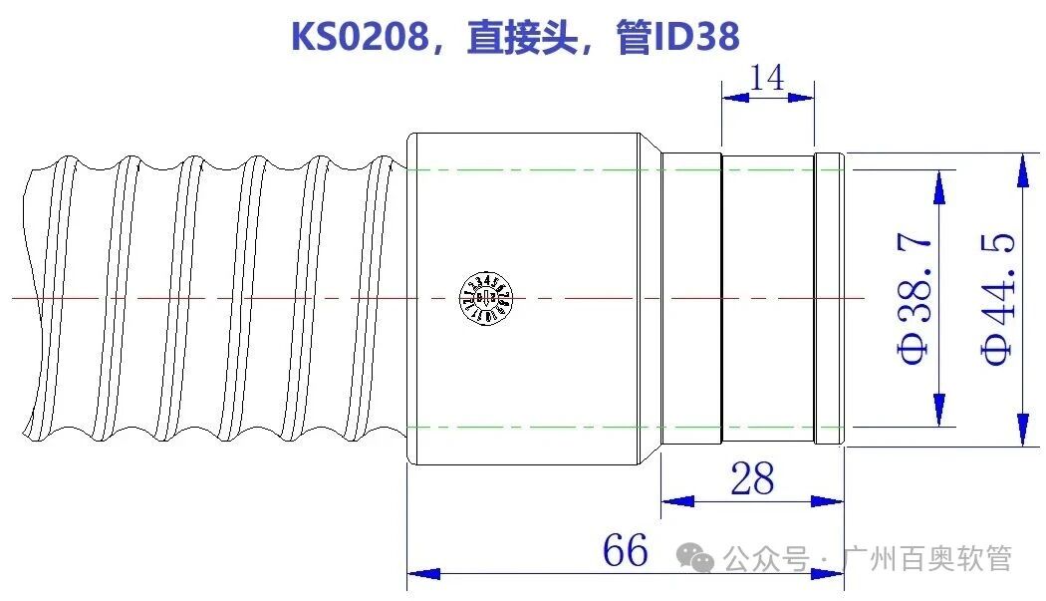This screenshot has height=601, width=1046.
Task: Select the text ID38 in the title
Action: [x=696, y=37]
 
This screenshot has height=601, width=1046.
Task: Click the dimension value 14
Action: [x=767, y=77]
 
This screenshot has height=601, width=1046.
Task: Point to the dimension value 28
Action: [x=752, y=478]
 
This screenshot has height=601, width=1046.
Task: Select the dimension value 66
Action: [x=625, y=550]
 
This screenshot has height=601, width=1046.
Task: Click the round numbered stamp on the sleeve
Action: [x=486, y=297]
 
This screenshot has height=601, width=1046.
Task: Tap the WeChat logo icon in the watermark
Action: [x=702, y=559]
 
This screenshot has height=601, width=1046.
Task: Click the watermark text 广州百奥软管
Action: [x=926, y=559]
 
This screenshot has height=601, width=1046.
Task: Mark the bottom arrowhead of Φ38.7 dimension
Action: [x=938, y=410]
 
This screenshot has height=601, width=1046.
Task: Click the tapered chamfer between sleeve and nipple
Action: [x=650, y=299]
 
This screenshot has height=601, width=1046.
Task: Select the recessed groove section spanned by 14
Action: [x=767, y=299]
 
